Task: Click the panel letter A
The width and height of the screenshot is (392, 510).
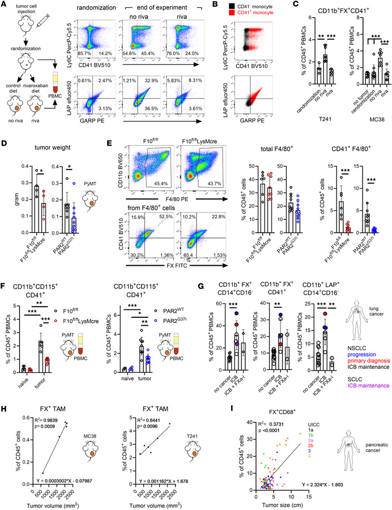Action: click(5, 5)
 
